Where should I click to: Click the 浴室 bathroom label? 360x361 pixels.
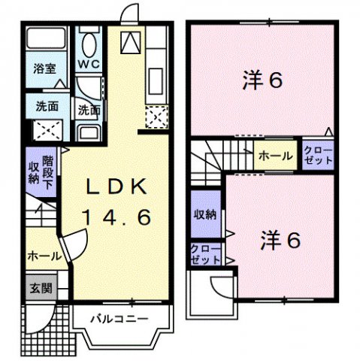[44, 68]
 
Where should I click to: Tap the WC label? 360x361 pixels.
[89, 64]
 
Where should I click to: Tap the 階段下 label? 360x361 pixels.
[49, 172]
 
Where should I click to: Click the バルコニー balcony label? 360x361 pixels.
[120, 319]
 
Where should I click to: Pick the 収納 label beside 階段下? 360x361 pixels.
[34, 172]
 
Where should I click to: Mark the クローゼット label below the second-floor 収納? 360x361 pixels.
[204, 253]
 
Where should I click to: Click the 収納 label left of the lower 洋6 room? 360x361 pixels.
[204, 214]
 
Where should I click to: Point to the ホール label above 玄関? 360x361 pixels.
[39, 256]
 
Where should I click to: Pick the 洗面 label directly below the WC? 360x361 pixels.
[89, 110]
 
